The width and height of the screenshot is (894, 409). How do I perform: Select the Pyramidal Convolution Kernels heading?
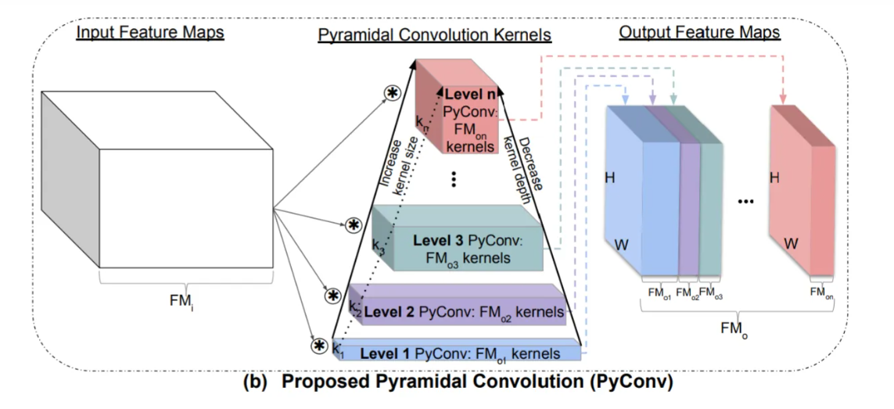(434, 35)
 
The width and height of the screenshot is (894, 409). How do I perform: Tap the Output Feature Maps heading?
(699, 33)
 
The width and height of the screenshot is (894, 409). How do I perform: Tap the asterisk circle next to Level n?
(392, 92)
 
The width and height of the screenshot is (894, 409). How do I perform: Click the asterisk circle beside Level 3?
(354, 225)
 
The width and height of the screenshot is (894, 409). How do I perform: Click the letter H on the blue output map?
(610, 178)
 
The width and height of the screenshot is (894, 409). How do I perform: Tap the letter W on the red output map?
(792, 243)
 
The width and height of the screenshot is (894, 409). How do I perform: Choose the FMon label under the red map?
(822, 292)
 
